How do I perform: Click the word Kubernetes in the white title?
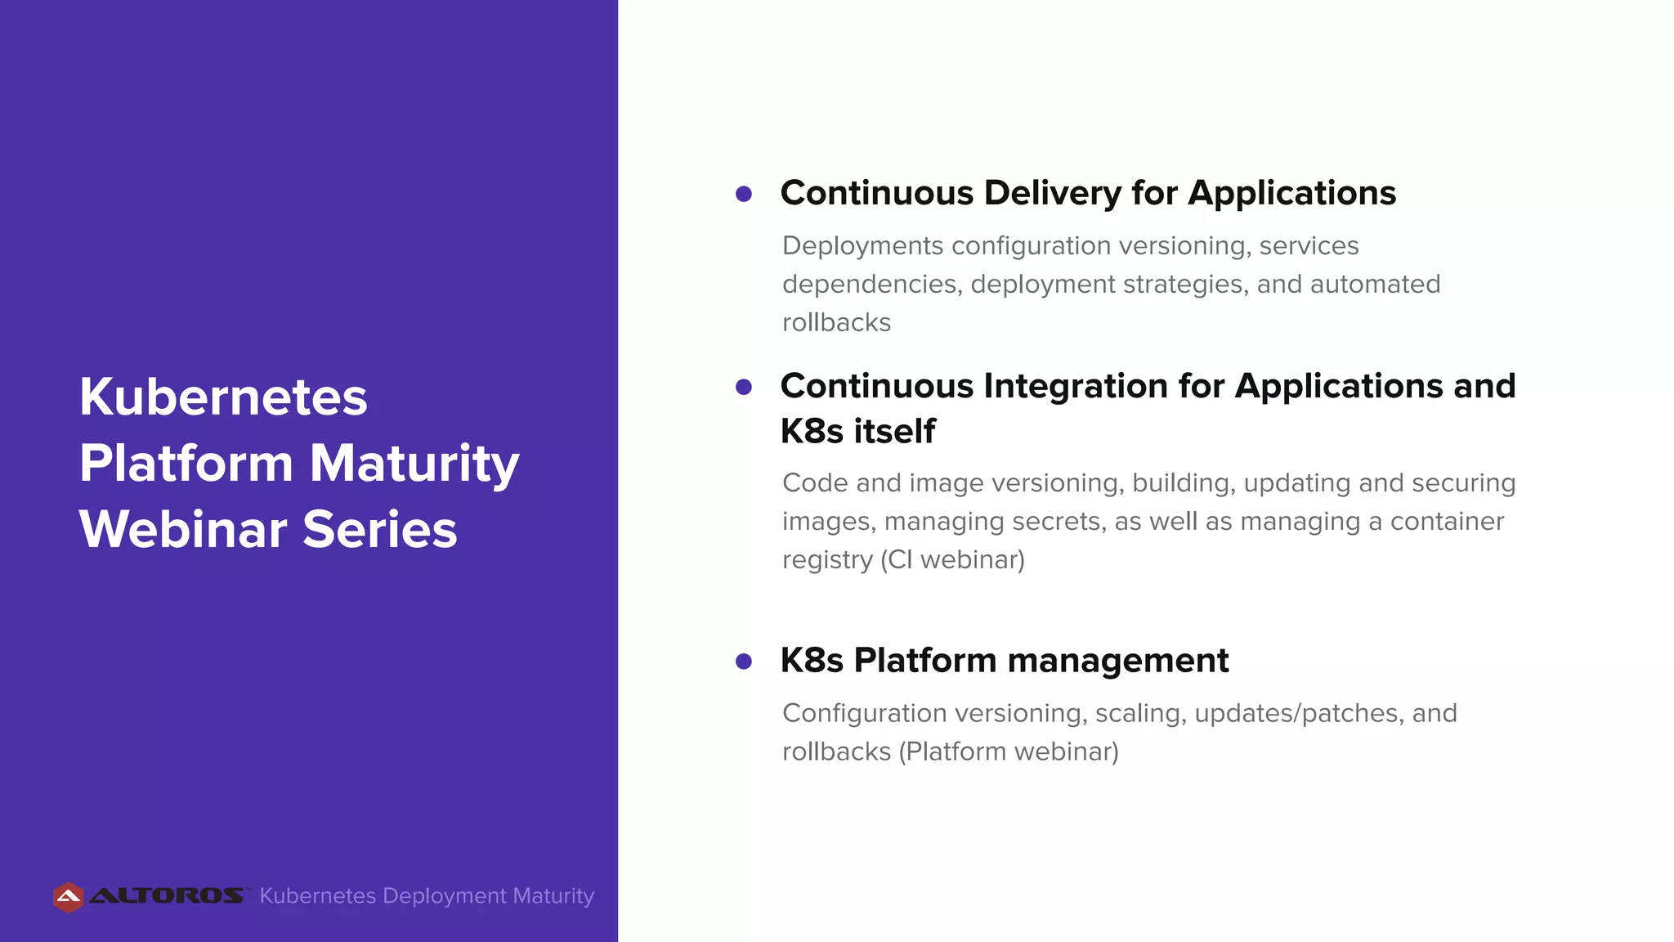[x=223, y=397]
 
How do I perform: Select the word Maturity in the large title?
[x=414, y=464]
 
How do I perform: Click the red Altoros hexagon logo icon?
[x=69, y=897]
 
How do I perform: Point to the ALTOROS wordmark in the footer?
[x=167, y=896]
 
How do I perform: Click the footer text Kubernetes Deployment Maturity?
[x=427, y=896]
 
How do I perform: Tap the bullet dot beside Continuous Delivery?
[x=744, y=194]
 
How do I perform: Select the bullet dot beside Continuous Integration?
[x=744, y=387]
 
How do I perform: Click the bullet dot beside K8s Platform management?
[x=744, y=661]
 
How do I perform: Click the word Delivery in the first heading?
[x=1053, y=194]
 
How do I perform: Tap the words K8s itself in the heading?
[x=857, y=431]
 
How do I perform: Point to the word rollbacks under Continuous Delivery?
[x=836, y=323]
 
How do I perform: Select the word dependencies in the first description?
[x=870, y=285]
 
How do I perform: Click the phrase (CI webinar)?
[x=952, y=560]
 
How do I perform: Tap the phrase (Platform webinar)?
[x=1009, y=751]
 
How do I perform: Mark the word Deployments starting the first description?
[x=862, y=246]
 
